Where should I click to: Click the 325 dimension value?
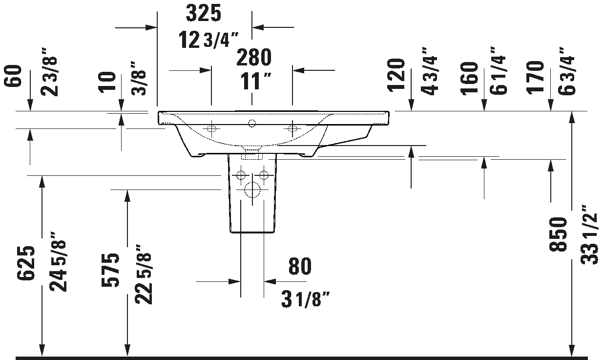coord(204,13)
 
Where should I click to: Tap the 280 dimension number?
coord(254,57)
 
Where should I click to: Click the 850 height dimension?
coord(558,234)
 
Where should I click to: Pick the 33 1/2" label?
coord(590,235)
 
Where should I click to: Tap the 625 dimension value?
coord(26,263)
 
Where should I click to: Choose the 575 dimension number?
coord(110,270)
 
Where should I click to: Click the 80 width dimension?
coord(300,266)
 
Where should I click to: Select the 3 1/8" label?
coord(305,299)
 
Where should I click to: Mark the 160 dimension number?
coord(470,78)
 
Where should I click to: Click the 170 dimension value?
coord(536,78)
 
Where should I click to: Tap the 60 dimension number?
coord(13,76)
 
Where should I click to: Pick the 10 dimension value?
coord(107,82)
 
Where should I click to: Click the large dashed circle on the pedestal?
coord(252,190)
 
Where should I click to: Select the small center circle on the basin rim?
coord(252,123)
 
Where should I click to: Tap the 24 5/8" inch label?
coord(58,261)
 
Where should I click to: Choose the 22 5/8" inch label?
coord(144,275)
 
